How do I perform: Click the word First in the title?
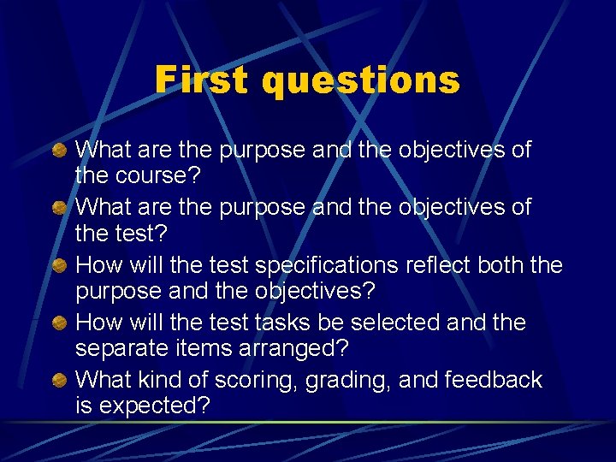(203, 80)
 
